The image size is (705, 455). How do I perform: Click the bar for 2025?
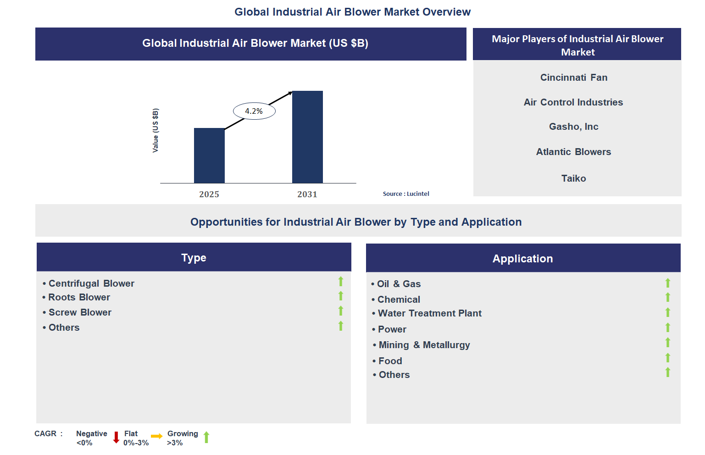click(x=209, y=155)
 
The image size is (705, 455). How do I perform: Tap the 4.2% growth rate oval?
click(x=254, y=111)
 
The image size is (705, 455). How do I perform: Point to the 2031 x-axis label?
click(x=307, y=194)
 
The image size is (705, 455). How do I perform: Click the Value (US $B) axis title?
click(x=155, y=131)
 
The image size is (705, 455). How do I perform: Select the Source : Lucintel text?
click(x=406, y=194)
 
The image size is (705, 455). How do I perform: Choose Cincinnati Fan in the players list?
click(x=573, y=78)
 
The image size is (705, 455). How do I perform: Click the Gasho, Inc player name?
click(x=573, y=127)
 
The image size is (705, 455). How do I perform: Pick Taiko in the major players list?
click(x=573, y=178)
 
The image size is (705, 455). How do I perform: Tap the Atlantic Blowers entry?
click(x=573, y=152)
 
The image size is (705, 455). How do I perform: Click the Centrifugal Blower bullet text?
click(x=91, y=283)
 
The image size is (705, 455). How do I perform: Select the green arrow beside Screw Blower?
click(x=341, y=311)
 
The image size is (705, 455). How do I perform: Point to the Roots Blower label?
click(x=79, y=297)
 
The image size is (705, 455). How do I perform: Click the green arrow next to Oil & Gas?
click(x=668, y=283)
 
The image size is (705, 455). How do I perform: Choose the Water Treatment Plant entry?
click(x=429, y=313)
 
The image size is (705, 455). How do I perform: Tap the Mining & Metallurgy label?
click(x=424, y=345)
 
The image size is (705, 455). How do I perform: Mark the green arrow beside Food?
click(x=668, y=358)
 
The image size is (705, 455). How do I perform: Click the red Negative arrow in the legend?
click(x=116, y=437)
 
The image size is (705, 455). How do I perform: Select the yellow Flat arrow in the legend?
click(x=157, y=436)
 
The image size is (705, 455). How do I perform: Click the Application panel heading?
click(x=522, y=259)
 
